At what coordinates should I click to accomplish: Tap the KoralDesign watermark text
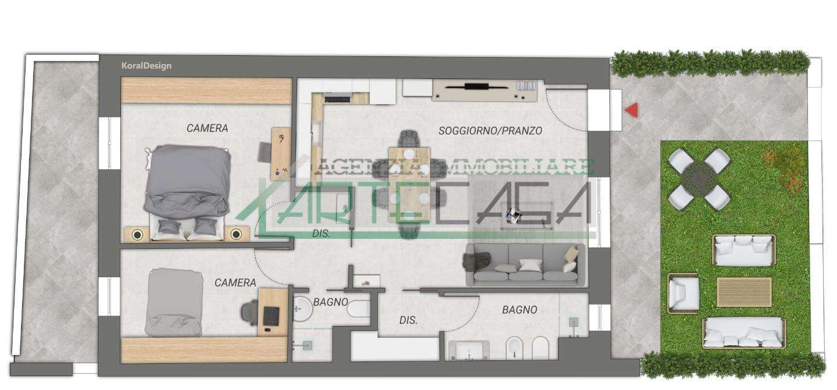click(146, 66)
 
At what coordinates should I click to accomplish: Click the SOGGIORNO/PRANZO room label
click(490, 131)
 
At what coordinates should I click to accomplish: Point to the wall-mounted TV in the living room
click(477, 87)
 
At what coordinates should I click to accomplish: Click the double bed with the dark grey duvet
click(187, 193)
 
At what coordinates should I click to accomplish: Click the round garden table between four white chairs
click(699, 179)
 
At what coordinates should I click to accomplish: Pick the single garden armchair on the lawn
click(684, 294)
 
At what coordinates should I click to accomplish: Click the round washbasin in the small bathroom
click(302, 309)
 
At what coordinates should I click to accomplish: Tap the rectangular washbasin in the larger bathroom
click(469, 350)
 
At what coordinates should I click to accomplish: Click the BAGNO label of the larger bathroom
click(520, 310)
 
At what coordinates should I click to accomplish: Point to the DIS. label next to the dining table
click(321, 234)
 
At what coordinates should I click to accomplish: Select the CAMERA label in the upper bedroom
click(207, 128)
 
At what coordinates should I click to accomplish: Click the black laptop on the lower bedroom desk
click(271, 317)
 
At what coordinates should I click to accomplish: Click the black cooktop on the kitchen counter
click(338, 99)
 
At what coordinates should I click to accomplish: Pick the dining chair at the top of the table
click(409, 138)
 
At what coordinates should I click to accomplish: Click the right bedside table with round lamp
click(236, 234)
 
